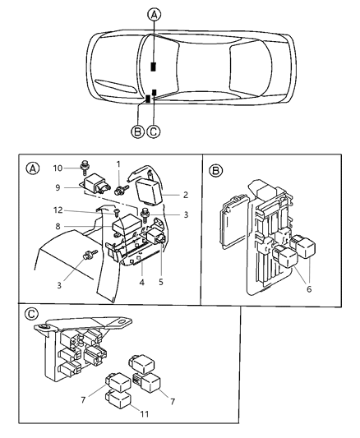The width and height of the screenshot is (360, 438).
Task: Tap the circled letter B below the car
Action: (136, 130)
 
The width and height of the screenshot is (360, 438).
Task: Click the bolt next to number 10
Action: (85, 169)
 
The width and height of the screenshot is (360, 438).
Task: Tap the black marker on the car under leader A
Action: (153, 67)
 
